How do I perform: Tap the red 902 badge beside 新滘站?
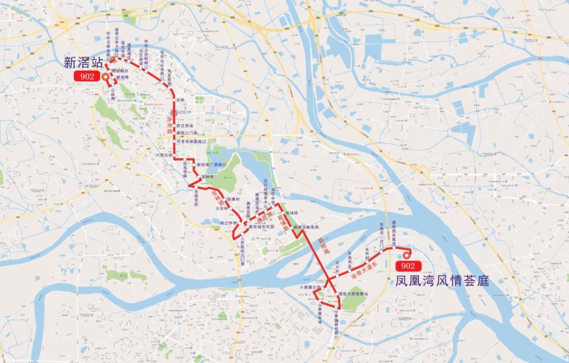click(x=87, y=76)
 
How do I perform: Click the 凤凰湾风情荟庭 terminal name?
click(x=442, y=281)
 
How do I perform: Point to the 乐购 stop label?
click(x=181, y=100)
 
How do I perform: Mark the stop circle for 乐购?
click(x=174, y=99)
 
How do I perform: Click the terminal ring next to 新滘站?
click(x=105, y=76)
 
